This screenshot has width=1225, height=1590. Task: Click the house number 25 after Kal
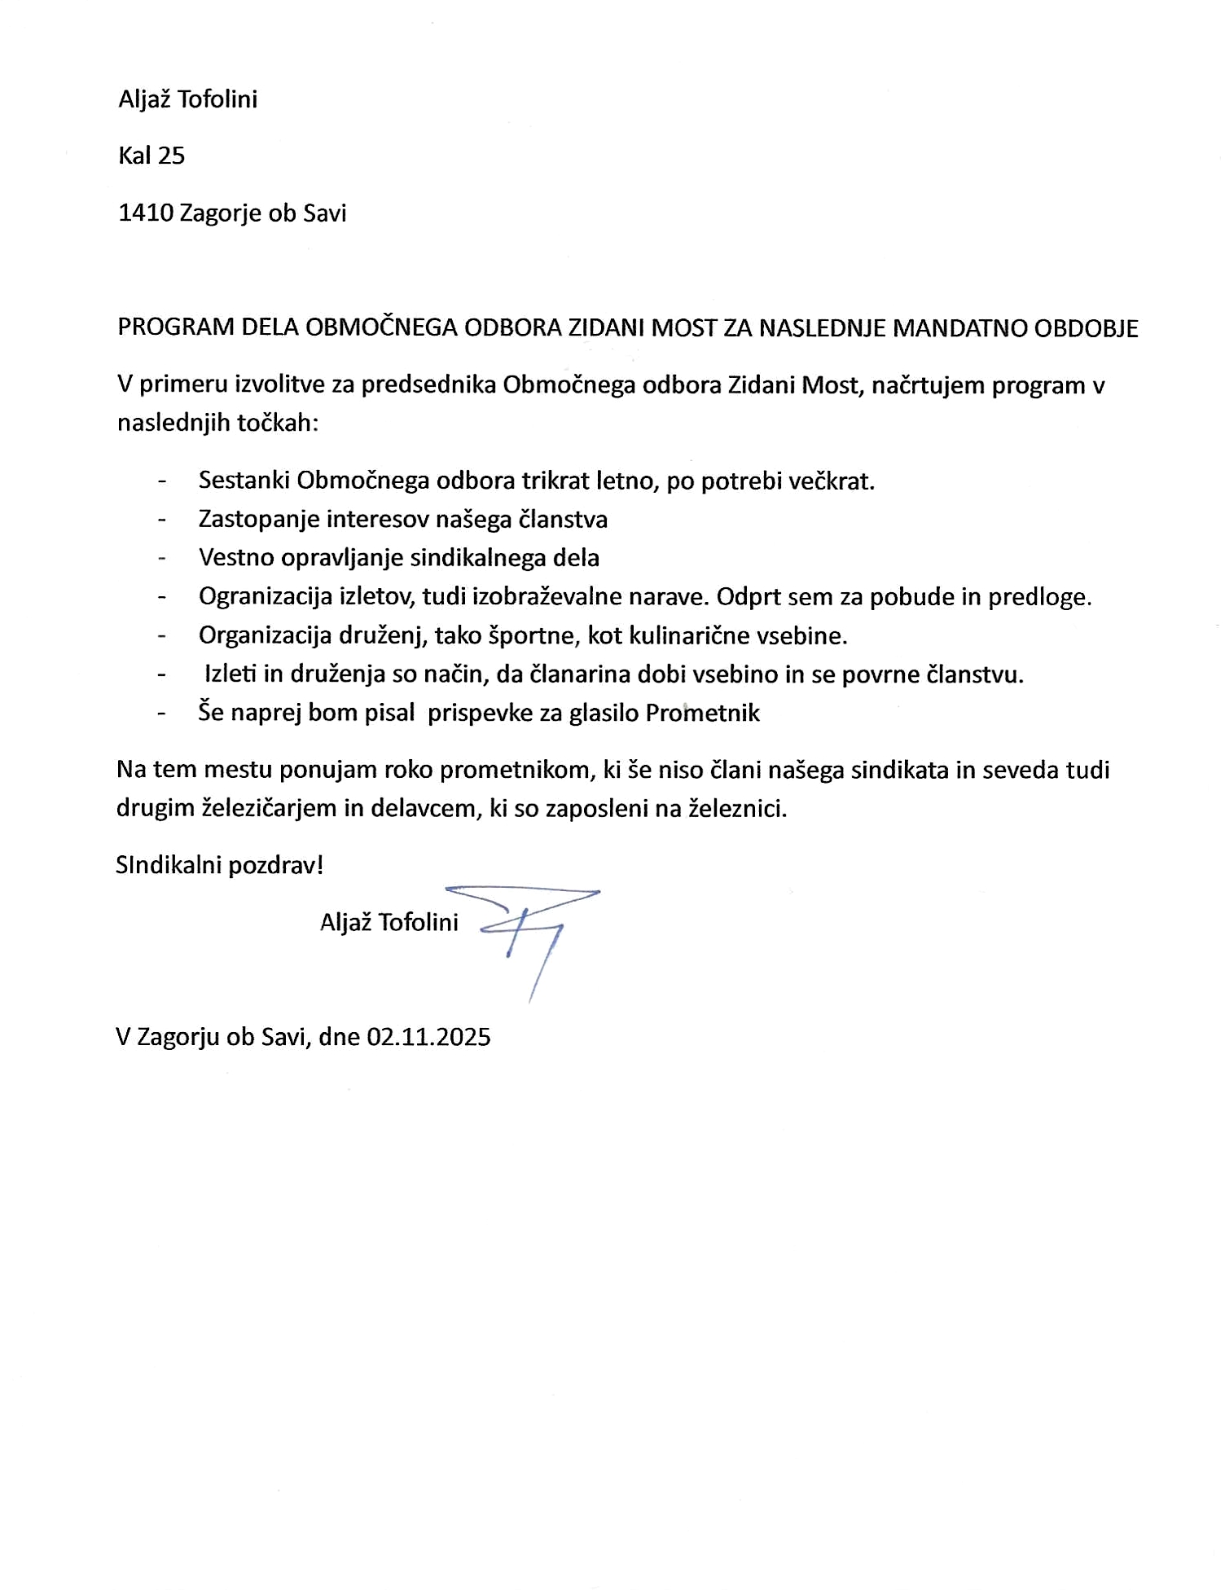tap(172, 156)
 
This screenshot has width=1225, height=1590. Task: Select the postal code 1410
tap(145, 213)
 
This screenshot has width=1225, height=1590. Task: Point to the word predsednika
tap(428, 384)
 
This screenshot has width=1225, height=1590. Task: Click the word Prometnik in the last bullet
tap(702, 713)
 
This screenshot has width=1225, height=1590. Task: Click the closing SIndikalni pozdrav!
tap(220, 865)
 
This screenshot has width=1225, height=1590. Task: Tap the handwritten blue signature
tap(529, 929)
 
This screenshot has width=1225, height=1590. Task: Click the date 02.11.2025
tap(428, 1037)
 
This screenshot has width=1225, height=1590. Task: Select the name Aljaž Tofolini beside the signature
tap(389, 922)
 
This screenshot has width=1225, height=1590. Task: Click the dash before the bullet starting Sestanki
tap(162, 481)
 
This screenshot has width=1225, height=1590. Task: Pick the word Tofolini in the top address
tap(217, 99)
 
